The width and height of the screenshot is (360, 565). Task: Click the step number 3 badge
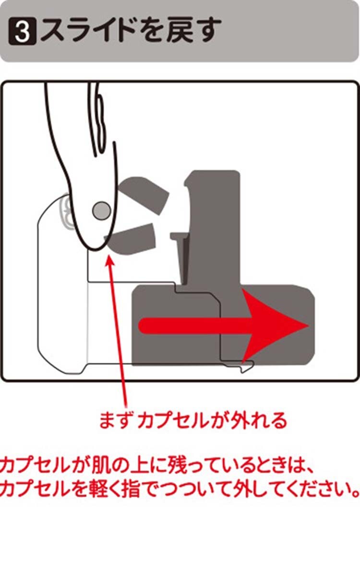(x=23, y=32)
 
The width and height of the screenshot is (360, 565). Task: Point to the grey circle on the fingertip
(x=101, y=210)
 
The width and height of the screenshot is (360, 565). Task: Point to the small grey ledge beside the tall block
(x=179, y=236)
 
